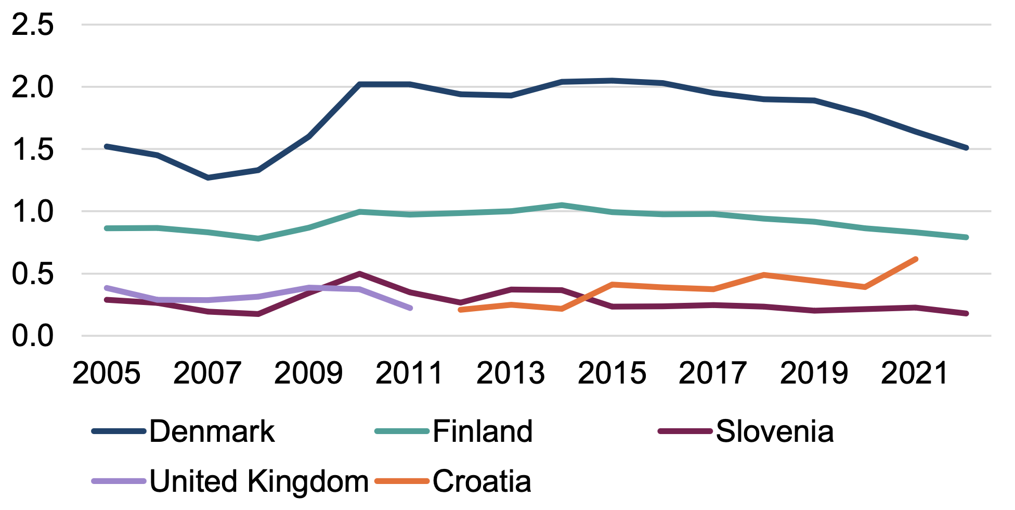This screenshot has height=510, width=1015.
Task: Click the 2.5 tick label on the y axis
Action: point(32,24)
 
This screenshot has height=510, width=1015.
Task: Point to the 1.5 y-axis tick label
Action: point(32,149)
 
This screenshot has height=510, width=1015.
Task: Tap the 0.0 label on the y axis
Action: point(32,336)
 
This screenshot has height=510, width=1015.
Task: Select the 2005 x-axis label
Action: point(106,373)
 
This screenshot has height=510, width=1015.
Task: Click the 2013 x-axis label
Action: point(510,373)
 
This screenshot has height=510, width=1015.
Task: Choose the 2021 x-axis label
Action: point(915,373)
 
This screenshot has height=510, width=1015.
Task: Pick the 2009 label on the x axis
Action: point(308,373)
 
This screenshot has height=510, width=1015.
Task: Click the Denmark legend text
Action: point(212,431)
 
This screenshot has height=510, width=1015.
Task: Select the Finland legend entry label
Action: point(482,431)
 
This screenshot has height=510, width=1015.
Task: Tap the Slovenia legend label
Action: point(774,431)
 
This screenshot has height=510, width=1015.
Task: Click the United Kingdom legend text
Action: point(259,481)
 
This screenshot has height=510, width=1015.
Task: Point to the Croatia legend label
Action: point(482,481)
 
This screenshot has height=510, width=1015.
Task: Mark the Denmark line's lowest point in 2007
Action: point(208,178)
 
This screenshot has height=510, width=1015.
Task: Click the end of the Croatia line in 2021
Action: point(915,259)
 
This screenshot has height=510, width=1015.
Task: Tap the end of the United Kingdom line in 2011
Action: point(410,308)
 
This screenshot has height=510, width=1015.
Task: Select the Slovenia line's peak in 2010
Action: point(359,273)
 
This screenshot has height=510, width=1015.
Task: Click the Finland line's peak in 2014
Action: point(562,205)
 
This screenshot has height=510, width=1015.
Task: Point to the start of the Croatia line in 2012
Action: point(461,310)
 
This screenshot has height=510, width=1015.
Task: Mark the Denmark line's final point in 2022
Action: point(966,148)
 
